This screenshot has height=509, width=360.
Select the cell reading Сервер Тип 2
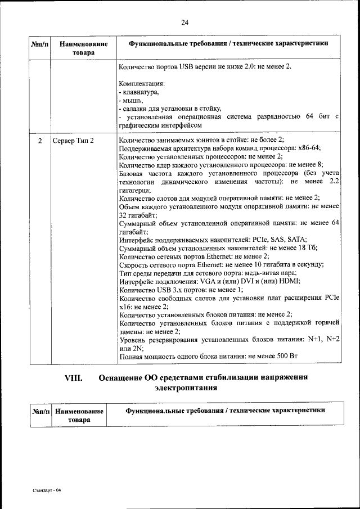point(73,140)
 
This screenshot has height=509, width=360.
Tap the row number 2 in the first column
point(40,140)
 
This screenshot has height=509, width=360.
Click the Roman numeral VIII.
point(74,378)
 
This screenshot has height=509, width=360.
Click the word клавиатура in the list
point(141,92)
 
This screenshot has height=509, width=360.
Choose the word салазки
point(136,108)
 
